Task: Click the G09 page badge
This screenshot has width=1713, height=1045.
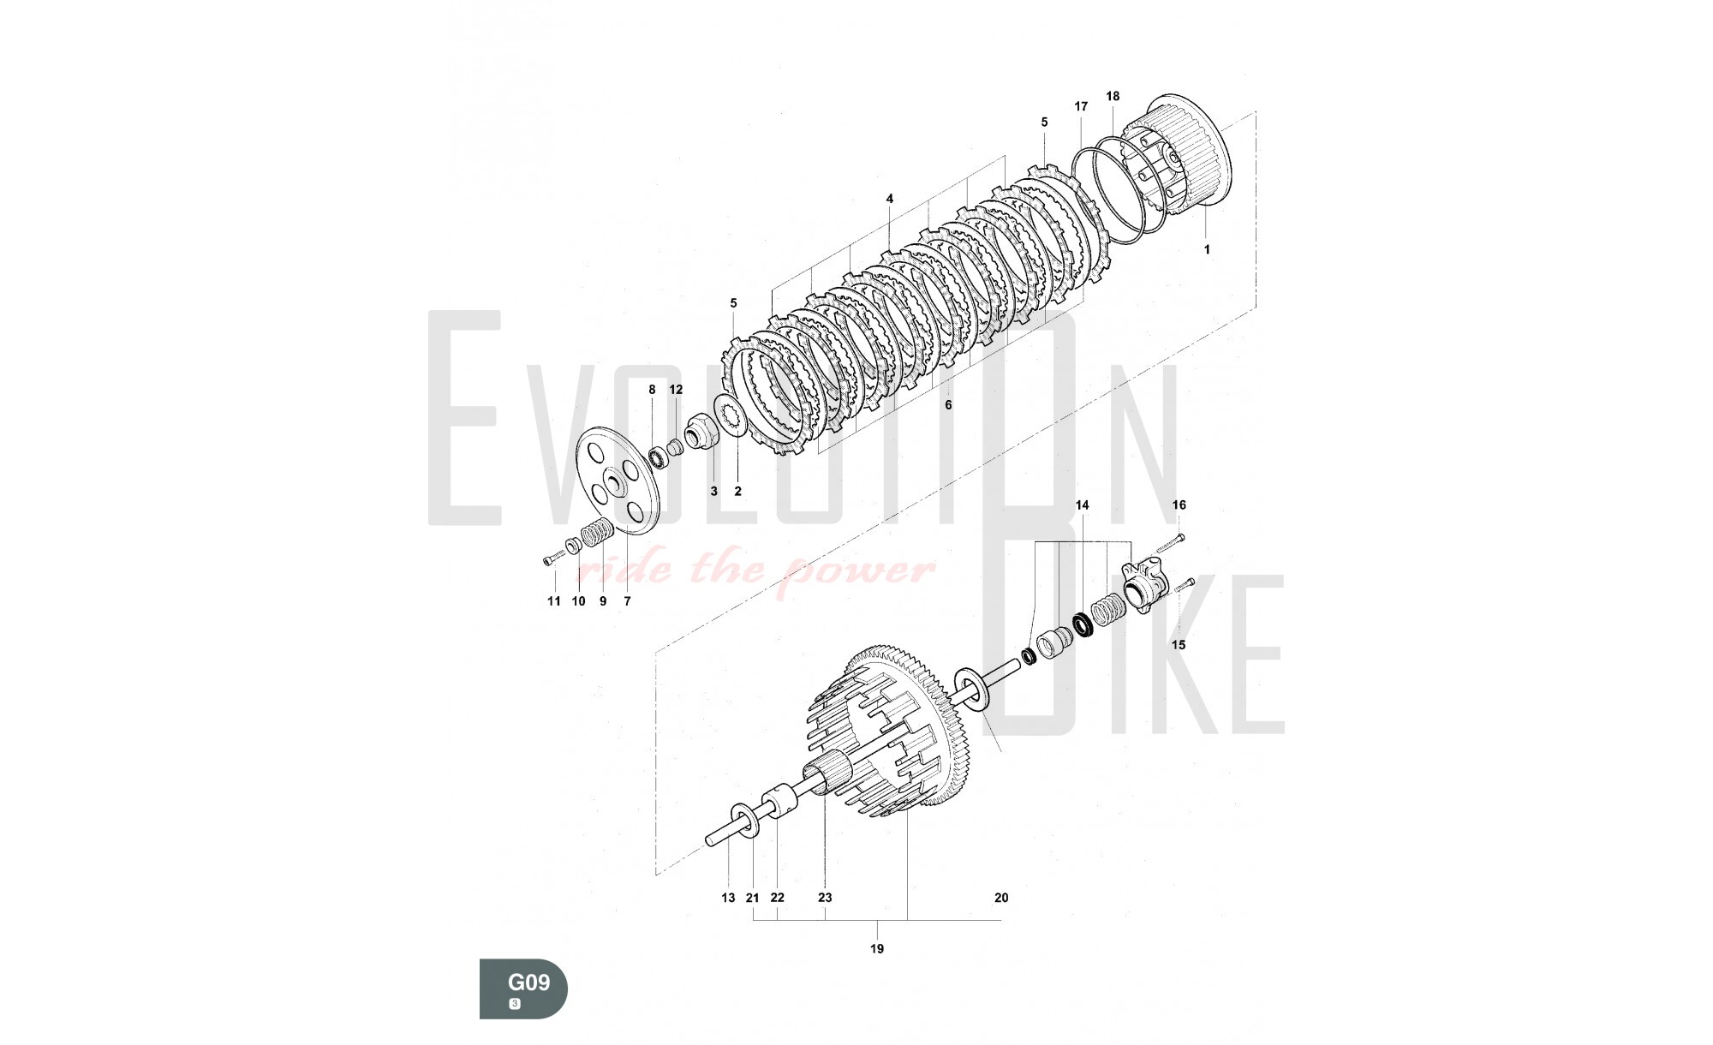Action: click(523, 988)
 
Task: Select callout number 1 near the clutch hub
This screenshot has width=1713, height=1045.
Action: click(1207, 249)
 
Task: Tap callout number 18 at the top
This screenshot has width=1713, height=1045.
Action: click(1113, 97)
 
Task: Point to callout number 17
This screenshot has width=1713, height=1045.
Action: click(1081, 106)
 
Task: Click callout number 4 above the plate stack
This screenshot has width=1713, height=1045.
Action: click(890, 199)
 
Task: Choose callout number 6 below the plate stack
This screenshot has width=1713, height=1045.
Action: click(948, 405)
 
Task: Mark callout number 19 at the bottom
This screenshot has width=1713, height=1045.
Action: click(876, 948)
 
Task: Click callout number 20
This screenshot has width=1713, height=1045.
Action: click(1001, 898)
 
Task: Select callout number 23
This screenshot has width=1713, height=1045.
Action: click(825, 898)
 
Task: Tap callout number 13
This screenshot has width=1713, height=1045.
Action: click(728, 898)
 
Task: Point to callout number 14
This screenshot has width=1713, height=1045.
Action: click(1082, 505)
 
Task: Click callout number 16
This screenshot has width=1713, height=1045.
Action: click(1179, 505)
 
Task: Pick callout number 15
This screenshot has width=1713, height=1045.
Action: click(1179, 644)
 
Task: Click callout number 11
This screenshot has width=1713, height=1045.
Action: click(554, 601)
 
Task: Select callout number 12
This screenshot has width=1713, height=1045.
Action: click(676, 390)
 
